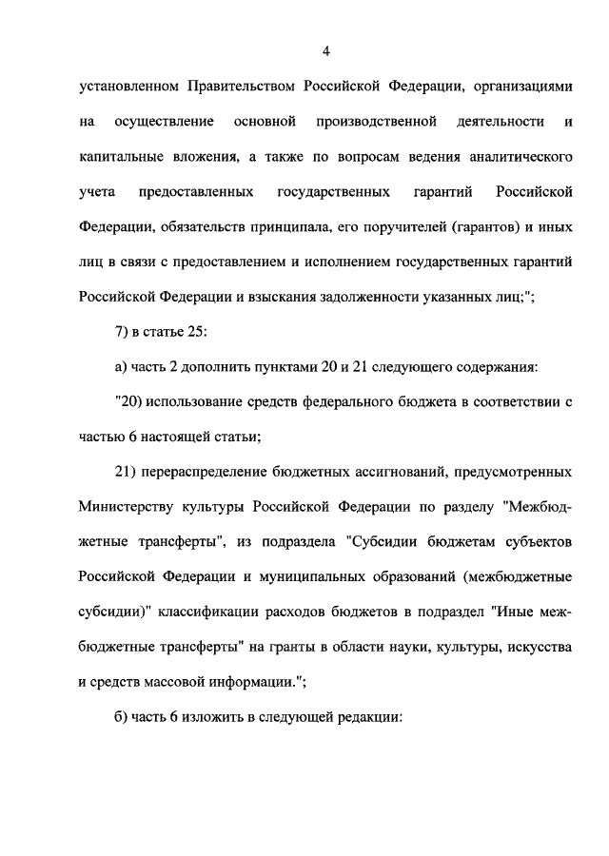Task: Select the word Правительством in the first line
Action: click(243, 87)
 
